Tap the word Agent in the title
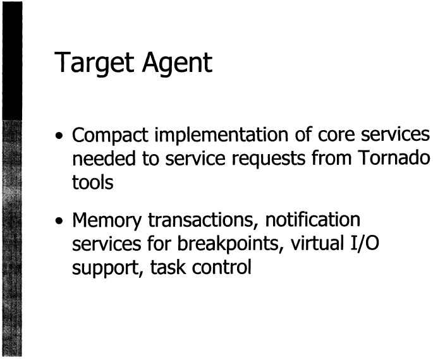pos(177,63)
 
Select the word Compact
pos(110,135)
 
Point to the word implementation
pos(221,135)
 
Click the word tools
pos(92,182)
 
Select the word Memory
pos(107,221)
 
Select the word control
pos(221,267)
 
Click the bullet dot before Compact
pos(58,136)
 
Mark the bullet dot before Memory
pos(58,221)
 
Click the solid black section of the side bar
pos(12,61)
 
